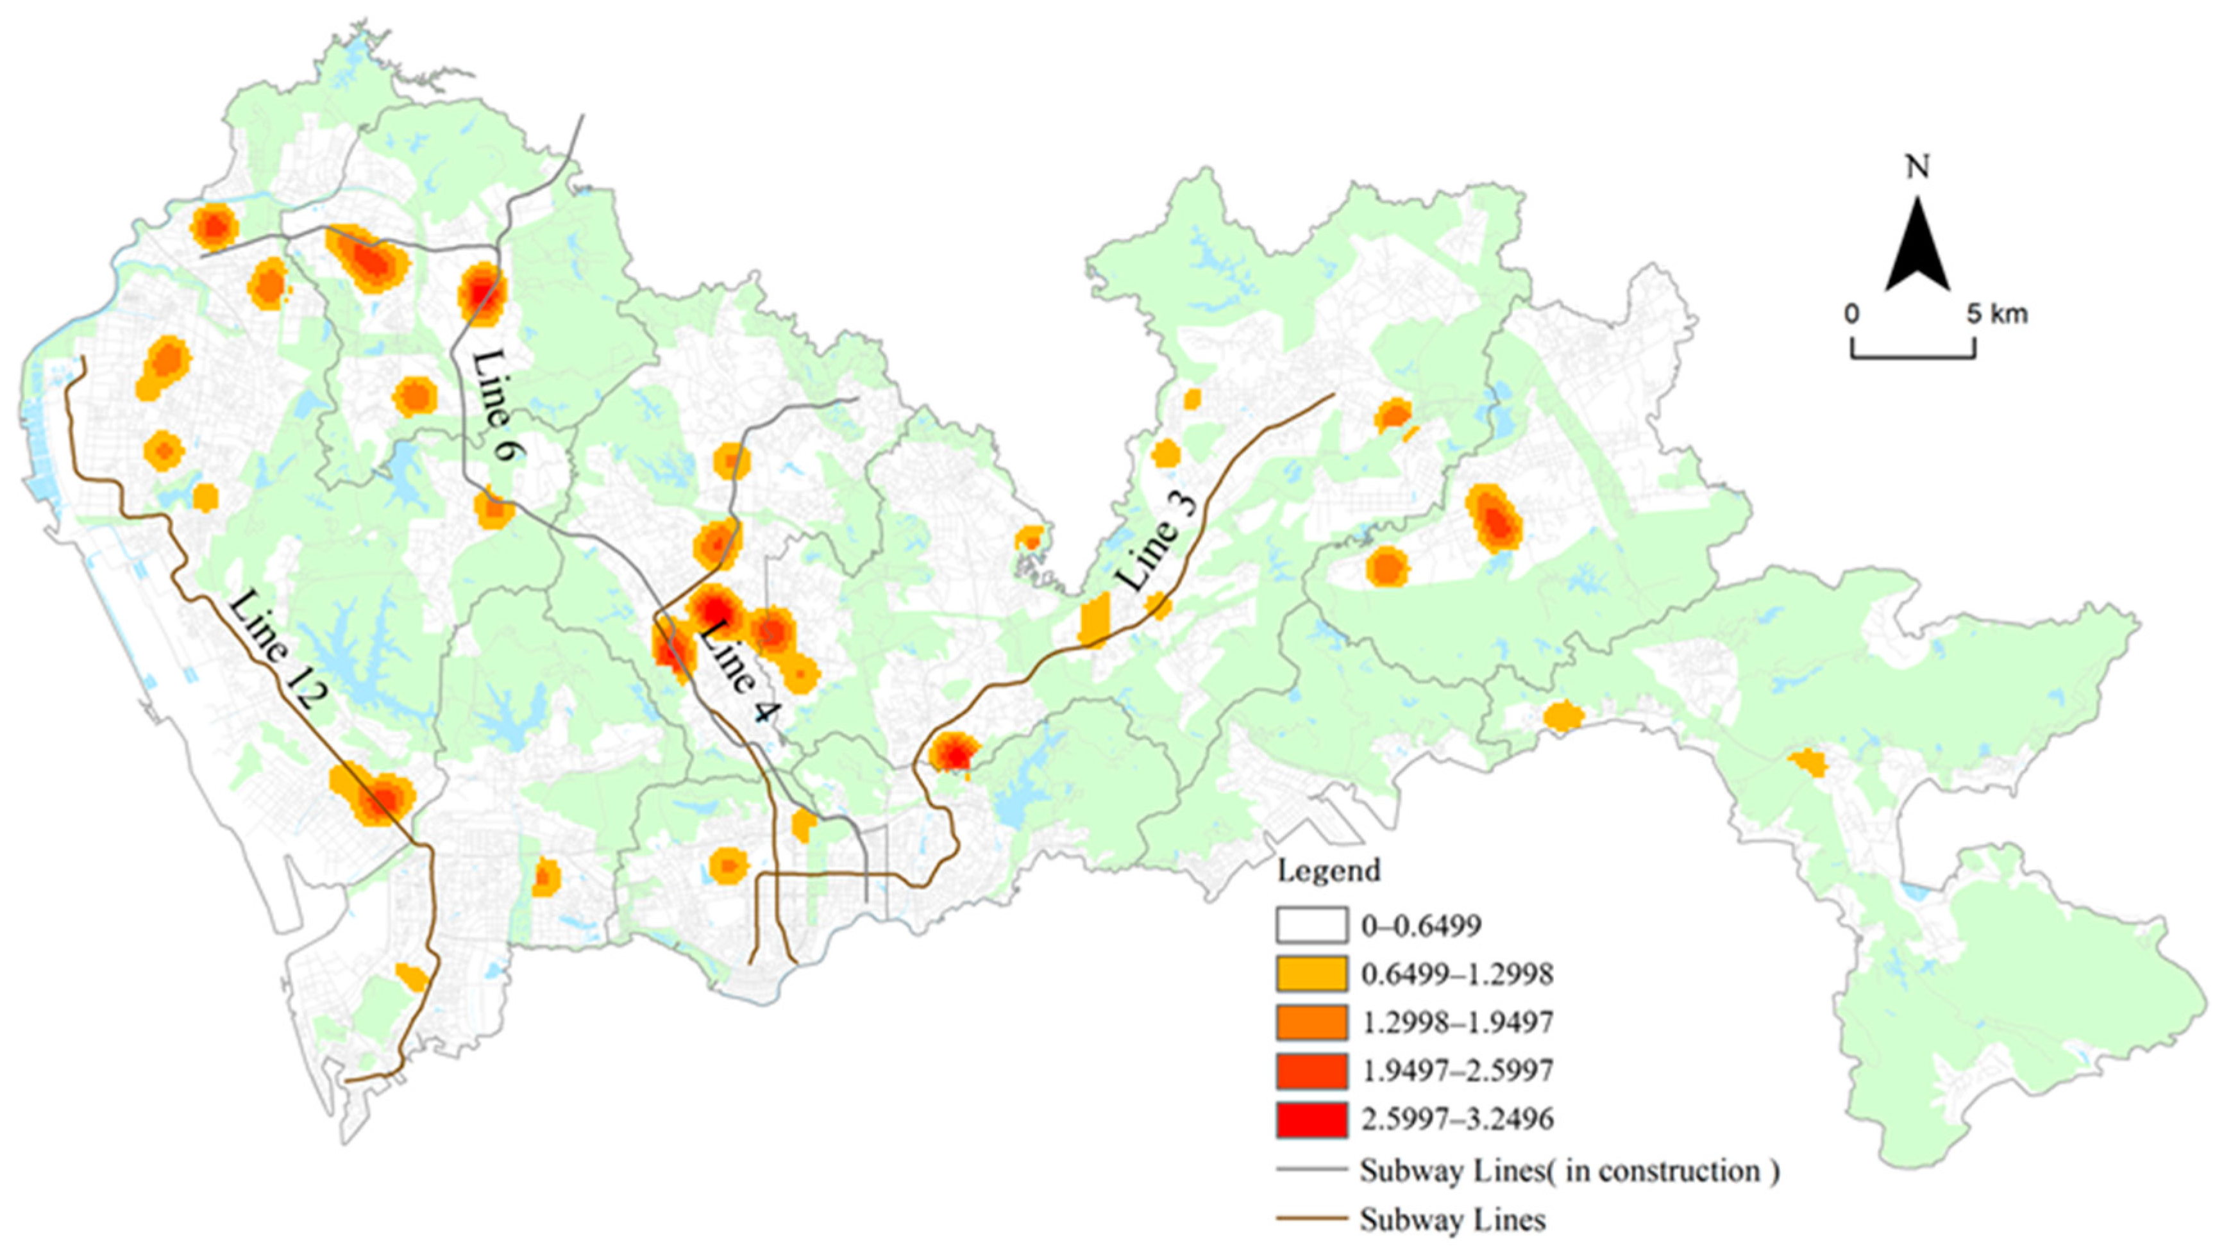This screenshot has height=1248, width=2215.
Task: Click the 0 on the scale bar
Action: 1851,315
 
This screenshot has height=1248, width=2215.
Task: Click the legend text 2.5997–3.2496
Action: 1456,1119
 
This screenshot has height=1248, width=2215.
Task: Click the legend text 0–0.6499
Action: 1420,926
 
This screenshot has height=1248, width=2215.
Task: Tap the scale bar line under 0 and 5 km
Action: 1912,356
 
